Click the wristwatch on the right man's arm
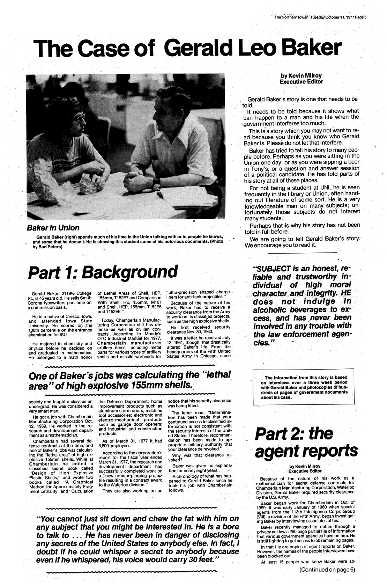point(156,182)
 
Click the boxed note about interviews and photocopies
point(302,387)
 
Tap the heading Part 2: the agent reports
point(306,442)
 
